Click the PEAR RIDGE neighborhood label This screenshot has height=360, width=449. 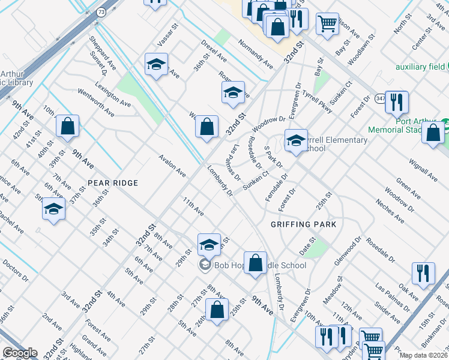pos(113,182)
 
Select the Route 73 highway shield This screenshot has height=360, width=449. pos(101,12)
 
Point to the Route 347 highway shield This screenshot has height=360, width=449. pos(380,98)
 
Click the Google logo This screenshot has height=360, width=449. pos(20,353)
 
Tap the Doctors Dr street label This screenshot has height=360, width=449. pos(15,270)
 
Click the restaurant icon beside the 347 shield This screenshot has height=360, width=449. pos(396,101)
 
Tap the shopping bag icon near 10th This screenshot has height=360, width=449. pos(67,126)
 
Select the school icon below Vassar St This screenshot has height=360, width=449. pos(156,64)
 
